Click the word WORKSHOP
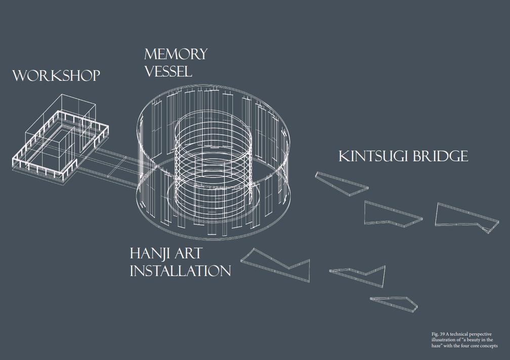pyautogui.click(x=56, y=76)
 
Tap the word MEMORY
pyautogui.click(x=175, y=54)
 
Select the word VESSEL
pyautogui.click(x=168, y=71)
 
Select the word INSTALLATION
pyautogui.click(x=180, y=271)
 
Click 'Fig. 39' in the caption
pyautogui.click(x=438, y=335)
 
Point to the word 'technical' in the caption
pyautogui.click(x=458, y=335)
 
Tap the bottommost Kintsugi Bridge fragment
pyautogui.click(x=395, y=303)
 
